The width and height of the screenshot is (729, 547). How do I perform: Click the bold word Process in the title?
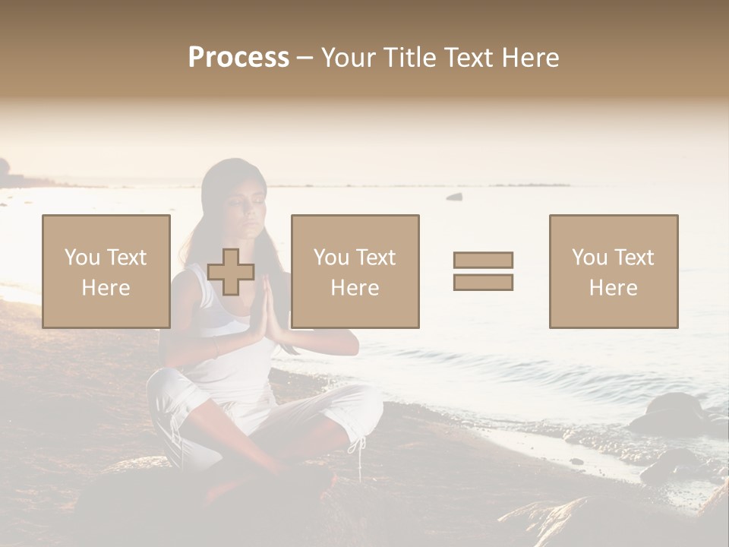click(x=238, y=58)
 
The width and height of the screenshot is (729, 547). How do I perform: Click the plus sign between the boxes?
click(x=231, y=272)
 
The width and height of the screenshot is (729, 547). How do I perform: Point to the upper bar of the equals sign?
click(x=483, y=260)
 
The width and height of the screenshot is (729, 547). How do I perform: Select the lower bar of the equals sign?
click(x=483, y=283)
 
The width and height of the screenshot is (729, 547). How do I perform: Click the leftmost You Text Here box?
click(x=106, y=271)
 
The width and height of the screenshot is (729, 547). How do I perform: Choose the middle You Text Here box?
click(x=355, y=271)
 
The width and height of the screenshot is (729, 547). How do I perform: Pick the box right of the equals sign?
click(x=613, y=271)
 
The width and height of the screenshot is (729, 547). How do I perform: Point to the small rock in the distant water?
click(x=454, y=197)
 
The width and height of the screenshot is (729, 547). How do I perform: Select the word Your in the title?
click(x=346, y=58)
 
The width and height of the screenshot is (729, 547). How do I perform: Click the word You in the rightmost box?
click(x=589, y=258)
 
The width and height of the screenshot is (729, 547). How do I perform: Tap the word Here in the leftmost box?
click(x=106, y=288)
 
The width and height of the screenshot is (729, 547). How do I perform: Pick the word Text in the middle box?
click(x=376, y=258)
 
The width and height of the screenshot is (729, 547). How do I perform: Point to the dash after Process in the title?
click(x=305, y=58)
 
